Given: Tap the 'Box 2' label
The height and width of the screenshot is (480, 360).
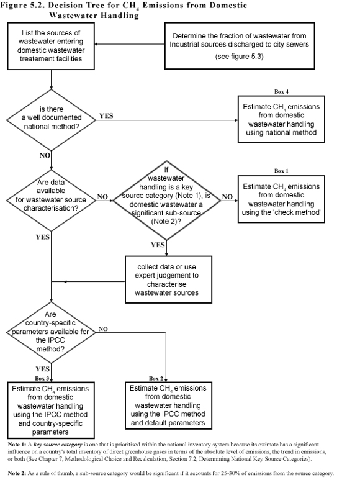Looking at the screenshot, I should [156, 378].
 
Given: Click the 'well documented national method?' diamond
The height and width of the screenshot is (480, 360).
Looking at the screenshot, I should [50, 118].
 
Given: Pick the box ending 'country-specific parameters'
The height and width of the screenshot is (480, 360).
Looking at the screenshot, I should [51, 410].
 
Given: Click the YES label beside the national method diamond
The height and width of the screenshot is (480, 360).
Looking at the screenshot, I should [106, 116].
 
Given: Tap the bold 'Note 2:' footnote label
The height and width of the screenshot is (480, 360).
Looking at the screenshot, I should [14, 473].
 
